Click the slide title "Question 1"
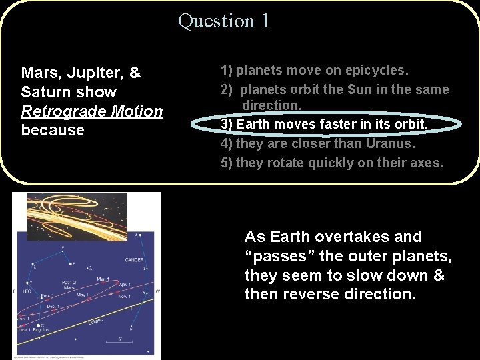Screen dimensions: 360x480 [224, 21]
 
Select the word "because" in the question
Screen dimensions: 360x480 [53, 130]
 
